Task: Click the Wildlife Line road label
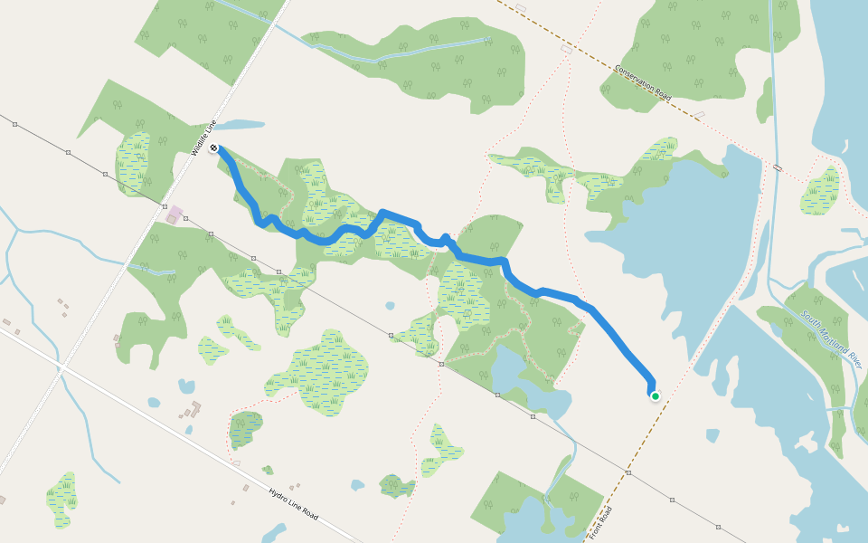tap(205, 138)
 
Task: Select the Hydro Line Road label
tap(293, 504)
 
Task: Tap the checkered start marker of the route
tap(212, 148)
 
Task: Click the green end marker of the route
tap(655, 395)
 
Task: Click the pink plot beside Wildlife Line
tap(175, 215)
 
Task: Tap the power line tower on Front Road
tap(627, 472)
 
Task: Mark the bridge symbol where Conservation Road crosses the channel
tap(777, 167)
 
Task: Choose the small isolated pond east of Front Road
tap(712, 435)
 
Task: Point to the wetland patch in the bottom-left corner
tap(61, 499)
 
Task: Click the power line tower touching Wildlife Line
tap(165, 206)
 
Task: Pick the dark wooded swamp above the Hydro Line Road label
tap(244, 428)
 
